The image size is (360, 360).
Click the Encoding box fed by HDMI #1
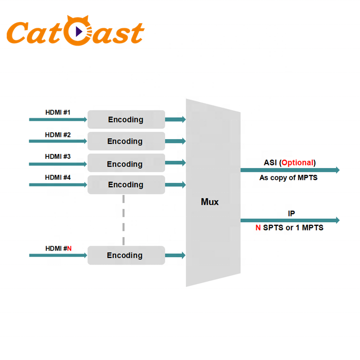[x=126, y=120]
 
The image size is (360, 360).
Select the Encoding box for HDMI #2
[x=126, y=141]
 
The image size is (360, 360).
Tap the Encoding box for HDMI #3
[x=126, y=164]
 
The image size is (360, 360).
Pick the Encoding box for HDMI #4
[x=126, y=185]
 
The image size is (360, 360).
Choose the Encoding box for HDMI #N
[x=126, y=255]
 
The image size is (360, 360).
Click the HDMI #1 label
[x=58, y=113]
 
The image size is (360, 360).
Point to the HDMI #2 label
[x=58, y=135]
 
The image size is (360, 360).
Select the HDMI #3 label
[x=58, y=156]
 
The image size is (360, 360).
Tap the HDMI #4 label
[x=58, y=177]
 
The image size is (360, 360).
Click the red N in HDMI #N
[x=69, y=248]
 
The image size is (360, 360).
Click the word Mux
[x=210, y=202]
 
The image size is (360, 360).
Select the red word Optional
[x=297, y=163]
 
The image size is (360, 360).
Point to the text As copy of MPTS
[x=288, y=178]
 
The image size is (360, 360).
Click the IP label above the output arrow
[x=291, y=213]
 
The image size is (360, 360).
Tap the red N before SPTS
[x=258, y=228]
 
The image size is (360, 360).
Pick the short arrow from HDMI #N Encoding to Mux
[x=176, y=255]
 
